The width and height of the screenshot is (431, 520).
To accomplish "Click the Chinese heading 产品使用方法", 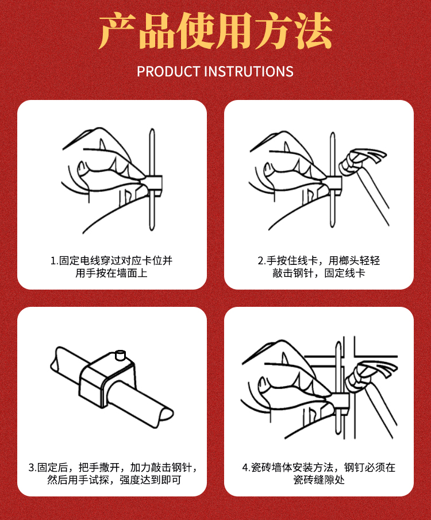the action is (x=215, y=31).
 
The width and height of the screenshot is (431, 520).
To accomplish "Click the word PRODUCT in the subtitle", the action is (x=168, y=72).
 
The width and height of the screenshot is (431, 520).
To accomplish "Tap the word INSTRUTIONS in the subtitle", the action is (x=248, y=72).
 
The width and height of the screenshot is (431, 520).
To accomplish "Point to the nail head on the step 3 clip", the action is (x=120, y=355).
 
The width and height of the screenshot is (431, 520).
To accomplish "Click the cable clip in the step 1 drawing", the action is (x=155, y=184).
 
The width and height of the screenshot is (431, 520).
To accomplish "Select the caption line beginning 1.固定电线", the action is (x=111, y=261).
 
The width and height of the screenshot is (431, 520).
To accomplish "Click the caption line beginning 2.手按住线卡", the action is (x=318, y=261).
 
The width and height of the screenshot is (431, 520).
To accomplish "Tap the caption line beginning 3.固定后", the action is (x=112, y=468).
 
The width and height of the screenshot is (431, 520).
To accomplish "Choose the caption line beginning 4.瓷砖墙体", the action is (x=318, y=468).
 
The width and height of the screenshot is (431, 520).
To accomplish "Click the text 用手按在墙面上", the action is (x=111, y=274).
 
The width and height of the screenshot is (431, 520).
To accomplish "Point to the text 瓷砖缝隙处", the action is (x=318, y=480).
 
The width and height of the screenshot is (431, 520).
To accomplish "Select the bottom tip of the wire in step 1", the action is (x=152, y=230).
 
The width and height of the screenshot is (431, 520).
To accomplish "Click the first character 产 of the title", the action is (x=117, y=31).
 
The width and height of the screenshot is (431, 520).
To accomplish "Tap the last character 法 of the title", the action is (x=314, y=31).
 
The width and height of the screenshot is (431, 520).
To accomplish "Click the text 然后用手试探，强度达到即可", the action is (x=114, y=480).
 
